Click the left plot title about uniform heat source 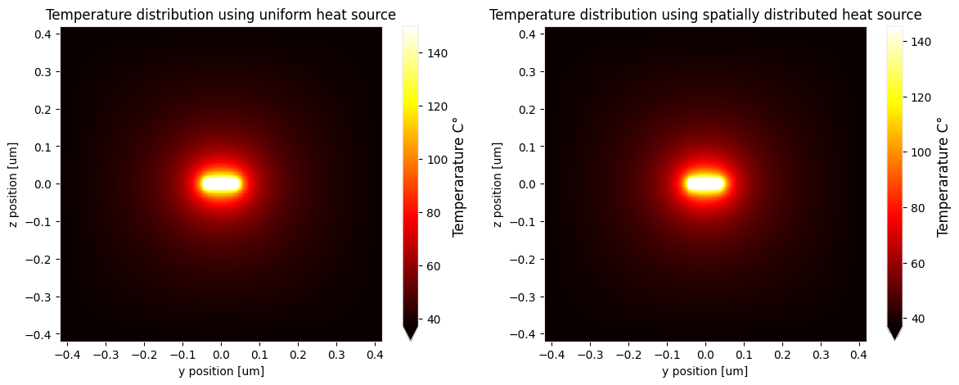click(x=220, y=15)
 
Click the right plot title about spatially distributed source click(x=705, y=15)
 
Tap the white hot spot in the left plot click(x=221, y=184)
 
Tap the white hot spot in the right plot click(x=705, y=184)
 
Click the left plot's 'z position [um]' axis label click(x=12, y=184)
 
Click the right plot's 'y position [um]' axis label click(x=705, y=371)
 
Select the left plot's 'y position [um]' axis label click(x=221, y=371)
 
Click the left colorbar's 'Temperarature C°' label click(x=459, y=177)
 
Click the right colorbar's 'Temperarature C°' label click(x=943, y=177)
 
